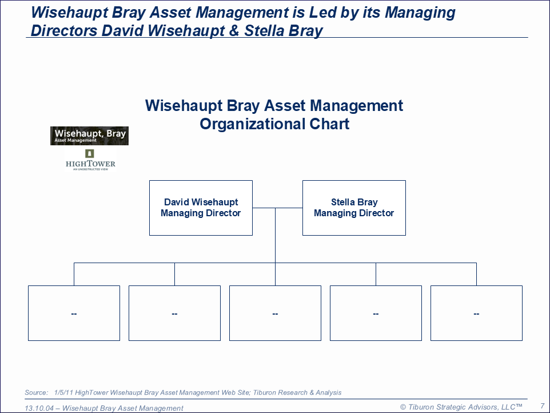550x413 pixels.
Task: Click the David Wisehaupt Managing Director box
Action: [201, 208]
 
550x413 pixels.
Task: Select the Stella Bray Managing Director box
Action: [354, 208]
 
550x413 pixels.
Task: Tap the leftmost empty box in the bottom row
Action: [74, 313]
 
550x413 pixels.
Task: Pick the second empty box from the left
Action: [175, 313]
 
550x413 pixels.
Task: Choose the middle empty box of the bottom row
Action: [276, 313]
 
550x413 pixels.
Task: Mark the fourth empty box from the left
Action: [376, 313]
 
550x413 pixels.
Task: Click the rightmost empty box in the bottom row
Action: [476, 313]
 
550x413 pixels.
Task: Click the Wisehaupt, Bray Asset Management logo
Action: [89, 136]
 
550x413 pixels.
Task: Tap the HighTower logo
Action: [90, 160]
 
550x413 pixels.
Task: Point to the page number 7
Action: [543, 406]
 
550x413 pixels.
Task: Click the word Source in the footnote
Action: [36, 392]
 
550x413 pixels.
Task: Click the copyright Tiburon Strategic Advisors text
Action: [461, 407]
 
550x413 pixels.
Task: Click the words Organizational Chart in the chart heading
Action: [274, 124]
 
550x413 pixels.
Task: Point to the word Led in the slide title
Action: [321, 13]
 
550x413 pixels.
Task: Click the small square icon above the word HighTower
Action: [90, 153]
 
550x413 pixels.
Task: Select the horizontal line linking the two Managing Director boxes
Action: [277, 208]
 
